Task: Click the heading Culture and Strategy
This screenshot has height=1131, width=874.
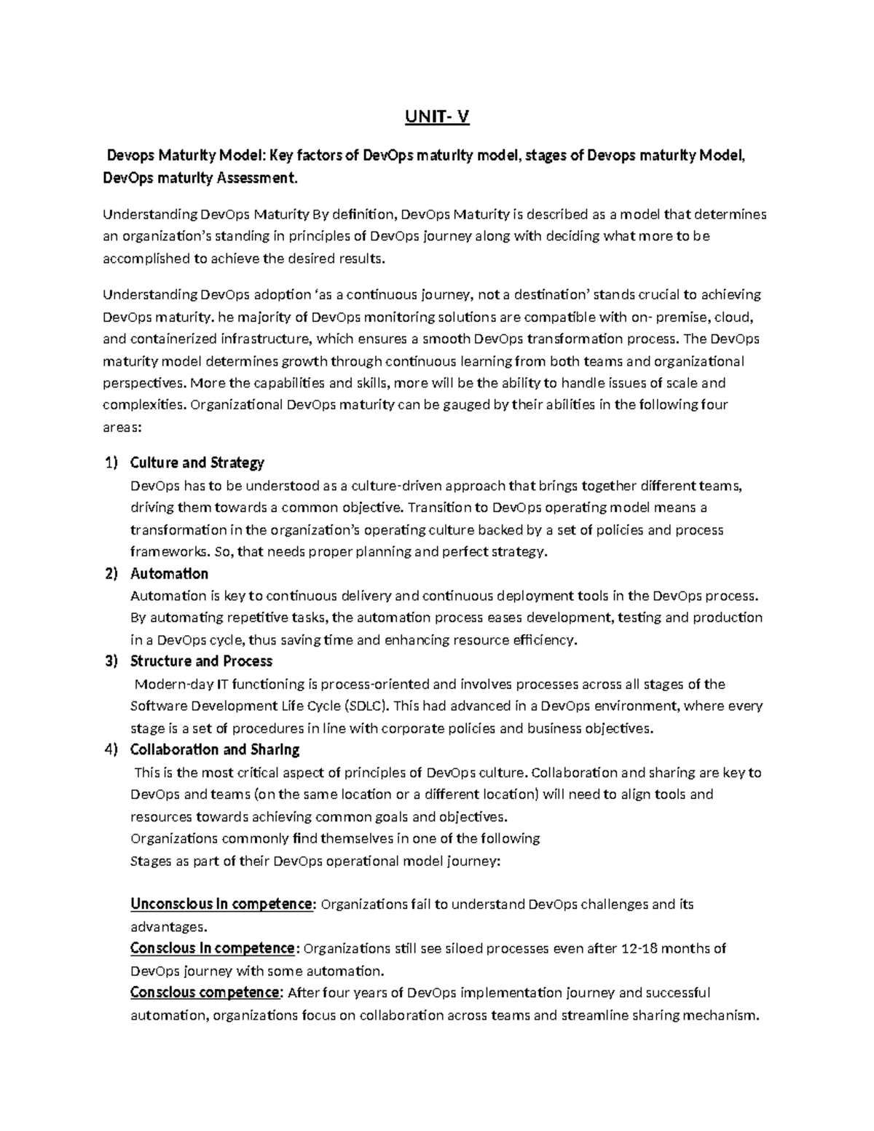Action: pyautogui.click(x=197, y=462)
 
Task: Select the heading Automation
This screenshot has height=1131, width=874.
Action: pyautogui.click(x=169, y=573)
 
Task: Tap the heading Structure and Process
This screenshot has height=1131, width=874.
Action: pyautogui.click(x=201, y=661)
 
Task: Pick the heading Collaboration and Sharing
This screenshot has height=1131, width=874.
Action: pyautogui.click(x=215, y=749)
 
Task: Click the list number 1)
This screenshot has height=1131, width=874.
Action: pyautogui.click(x=111, y=462)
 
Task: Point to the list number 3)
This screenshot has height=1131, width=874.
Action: pyautogui.click(x=111, y=661)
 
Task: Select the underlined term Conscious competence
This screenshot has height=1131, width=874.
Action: pyautogui.click(x=205, y=993)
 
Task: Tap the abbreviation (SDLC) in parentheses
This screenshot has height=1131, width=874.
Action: pyautogui.click(x=369, y=706)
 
